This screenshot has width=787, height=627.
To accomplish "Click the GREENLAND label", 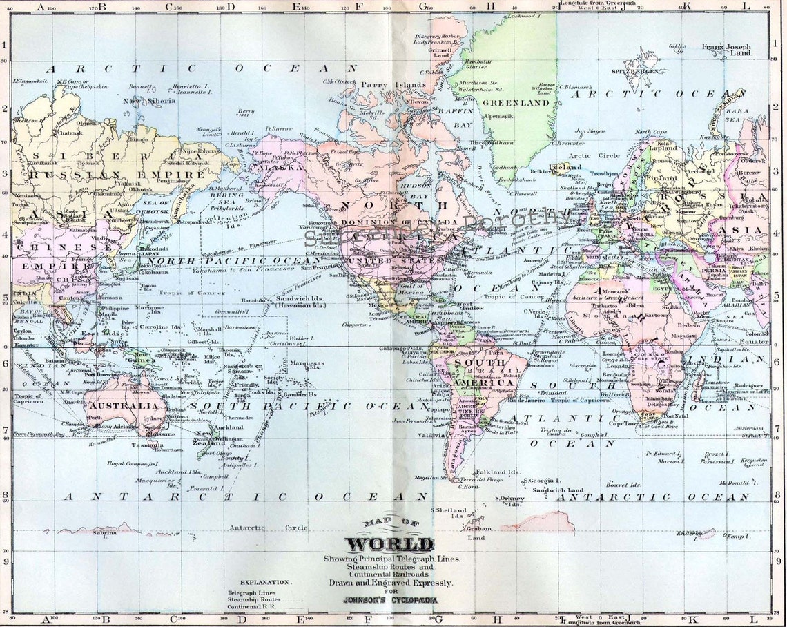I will [x=520, y=103].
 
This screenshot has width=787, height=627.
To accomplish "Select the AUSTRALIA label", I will [x=120, y=406].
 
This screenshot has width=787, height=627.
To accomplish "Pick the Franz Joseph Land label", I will [x=726, y=50].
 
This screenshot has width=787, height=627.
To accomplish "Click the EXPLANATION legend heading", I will [x=266, y=583].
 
